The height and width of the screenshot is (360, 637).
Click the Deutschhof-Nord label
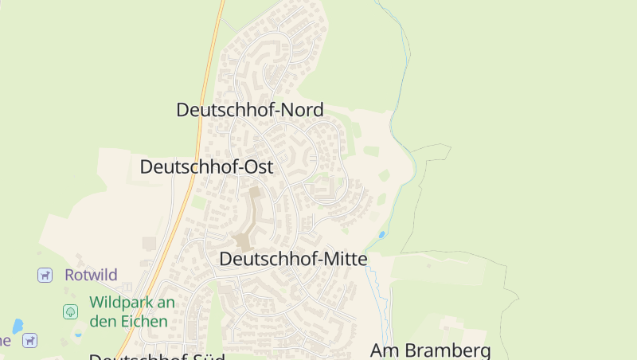coord(250,110)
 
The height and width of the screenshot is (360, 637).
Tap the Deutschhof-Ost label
coord(206,167)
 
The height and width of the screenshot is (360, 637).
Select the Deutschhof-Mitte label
coord(293,259)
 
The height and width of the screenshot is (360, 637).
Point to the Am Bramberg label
coord(430,350)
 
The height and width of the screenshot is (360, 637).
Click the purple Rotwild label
coord(91,276)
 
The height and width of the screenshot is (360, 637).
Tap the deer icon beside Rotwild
coord(45,276)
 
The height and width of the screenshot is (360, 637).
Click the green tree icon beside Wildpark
coord(70,311)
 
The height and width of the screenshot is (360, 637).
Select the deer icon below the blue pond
coord(30,341)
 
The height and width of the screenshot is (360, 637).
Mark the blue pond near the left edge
coord(18,326)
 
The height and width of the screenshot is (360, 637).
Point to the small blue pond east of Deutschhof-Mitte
coord(382,235)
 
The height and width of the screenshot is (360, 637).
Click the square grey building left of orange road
coord(150,243)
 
